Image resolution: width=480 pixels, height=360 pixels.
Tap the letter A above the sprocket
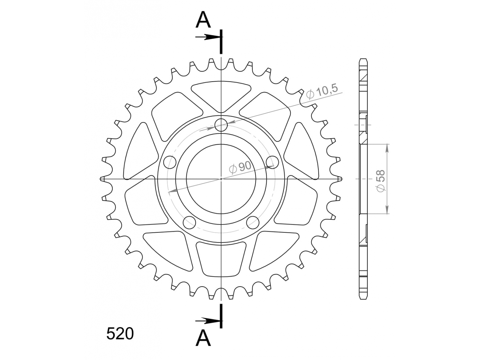tap(203, 20)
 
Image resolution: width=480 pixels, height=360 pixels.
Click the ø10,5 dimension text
tap(322, 91)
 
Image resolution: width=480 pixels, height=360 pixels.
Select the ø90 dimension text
tap(240, 167)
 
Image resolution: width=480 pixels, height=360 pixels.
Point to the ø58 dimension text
tap(381, 181)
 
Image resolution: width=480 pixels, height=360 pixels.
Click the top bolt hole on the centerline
tap(221, 125)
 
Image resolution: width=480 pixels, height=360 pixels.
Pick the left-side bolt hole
tap(170, 162)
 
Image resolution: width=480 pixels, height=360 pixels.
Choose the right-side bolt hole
tap(272, 162)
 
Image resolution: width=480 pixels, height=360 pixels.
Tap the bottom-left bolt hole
tap(189, 223)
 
